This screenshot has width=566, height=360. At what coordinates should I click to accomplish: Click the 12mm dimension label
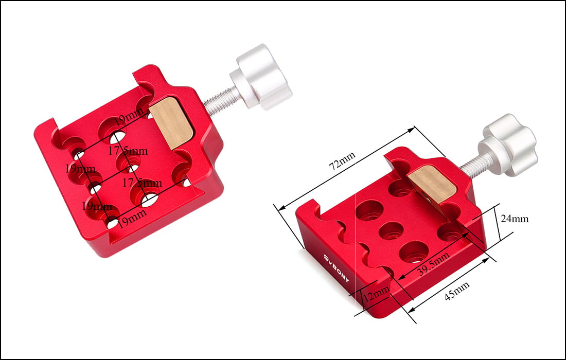[x=376, y=295]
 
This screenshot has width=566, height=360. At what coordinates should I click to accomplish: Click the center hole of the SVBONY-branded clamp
[x=391, y=230]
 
